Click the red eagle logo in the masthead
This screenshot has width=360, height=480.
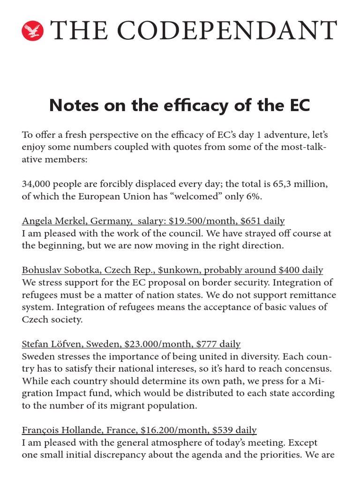click(32, 31)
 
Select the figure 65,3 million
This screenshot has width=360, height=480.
click(293, 184)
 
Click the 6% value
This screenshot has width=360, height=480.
click(252, 196)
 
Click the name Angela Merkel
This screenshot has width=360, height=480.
click(48, 221)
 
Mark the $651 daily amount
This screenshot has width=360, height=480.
click(260, 221)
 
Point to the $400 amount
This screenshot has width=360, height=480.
click(291, 270)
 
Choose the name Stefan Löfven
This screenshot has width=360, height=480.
click(48, 344)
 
